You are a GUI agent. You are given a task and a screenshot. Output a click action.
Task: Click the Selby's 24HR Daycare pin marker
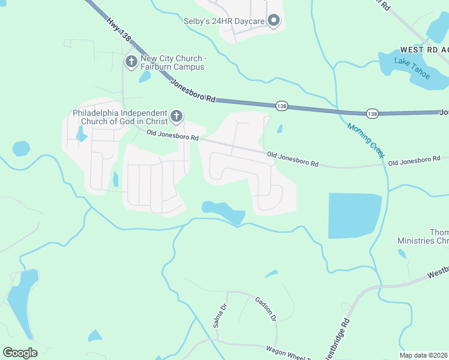coord(274,22)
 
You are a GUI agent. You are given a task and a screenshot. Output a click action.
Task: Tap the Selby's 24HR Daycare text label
coord(224,22)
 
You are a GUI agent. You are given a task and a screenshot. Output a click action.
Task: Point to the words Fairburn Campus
coord(172,67)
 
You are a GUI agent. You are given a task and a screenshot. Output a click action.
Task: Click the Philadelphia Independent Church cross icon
coord(176,115)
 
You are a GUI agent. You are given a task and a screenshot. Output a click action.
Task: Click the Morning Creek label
coord(366,140)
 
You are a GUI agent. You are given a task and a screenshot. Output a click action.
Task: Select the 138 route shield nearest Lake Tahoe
coord(372,113)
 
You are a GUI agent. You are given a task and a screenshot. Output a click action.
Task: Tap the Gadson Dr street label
coord(265,310)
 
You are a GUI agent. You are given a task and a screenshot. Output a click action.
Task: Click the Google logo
coord(20,352)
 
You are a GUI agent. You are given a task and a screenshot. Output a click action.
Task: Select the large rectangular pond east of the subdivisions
coord(354,215)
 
